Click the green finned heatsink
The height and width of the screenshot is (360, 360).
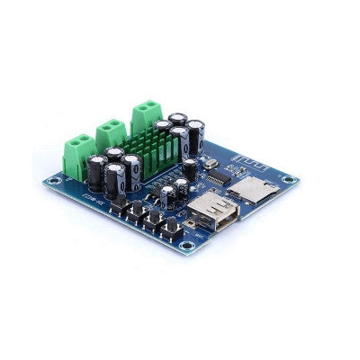point(153,148)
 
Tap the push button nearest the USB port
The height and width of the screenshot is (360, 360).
point(170,230)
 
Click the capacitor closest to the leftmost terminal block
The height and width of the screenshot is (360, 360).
point(97,172)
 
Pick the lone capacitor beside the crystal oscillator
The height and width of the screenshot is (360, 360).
point(190,168)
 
